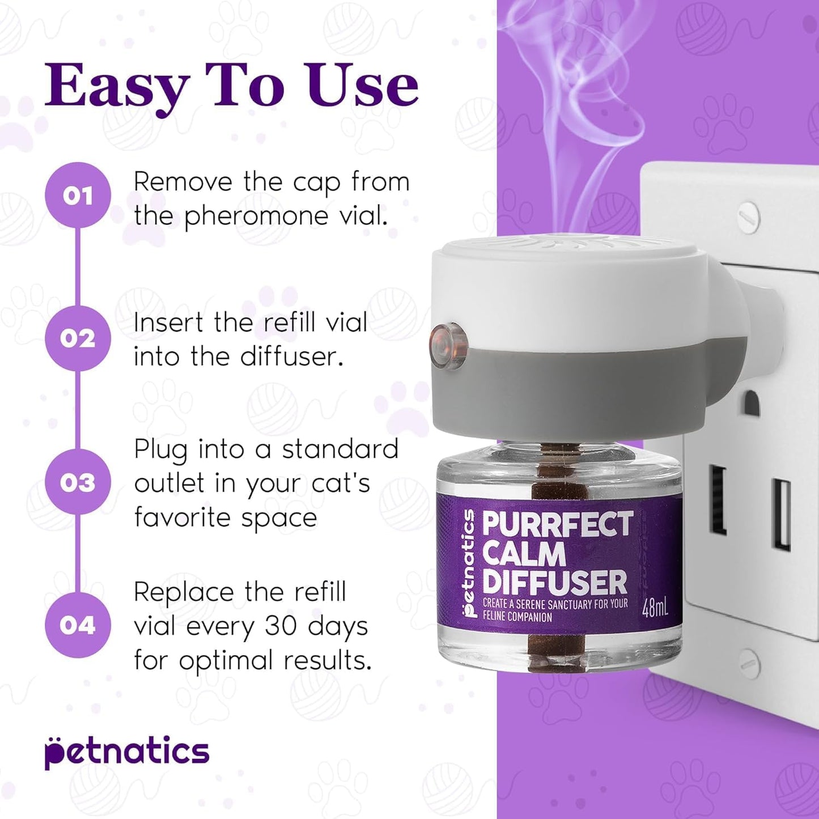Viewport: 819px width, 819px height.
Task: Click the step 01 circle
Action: tap(78, 196)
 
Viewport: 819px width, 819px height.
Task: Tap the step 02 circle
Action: tap(78, 338)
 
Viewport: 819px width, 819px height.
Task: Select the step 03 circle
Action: tap(78, 482)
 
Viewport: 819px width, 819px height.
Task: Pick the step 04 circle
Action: tap(78, 625)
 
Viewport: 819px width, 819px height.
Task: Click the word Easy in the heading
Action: tap(116, 86)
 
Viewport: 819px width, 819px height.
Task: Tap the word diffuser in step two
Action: tap(291, 357)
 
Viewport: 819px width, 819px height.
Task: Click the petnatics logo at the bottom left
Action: tap(127, 752)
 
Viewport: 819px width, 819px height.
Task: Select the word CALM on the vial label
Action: tap(524, 554)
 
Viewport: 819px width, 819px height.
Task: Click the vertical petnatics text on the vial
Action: tap(468, 563)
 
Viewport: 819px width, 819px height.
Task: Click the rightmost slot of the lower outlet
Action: tap(782, 514)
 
